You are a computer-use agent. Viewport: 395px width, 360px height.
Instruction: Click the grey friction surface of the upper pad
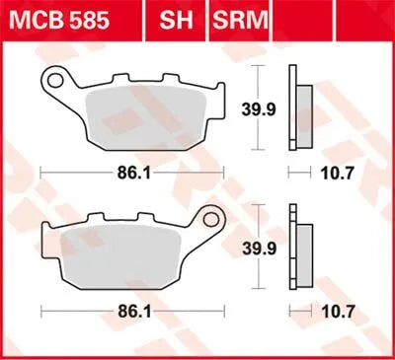[148, 113]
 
